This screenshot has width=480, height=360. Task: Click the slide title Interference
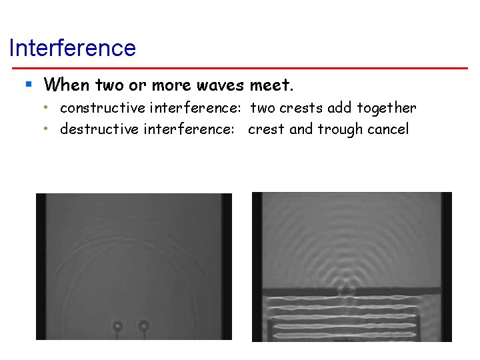tap(73, 48)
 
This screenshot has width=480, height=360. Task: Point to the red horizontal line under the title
tap(240, 68)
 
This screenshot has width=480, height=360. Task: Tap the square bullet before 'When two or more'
tap(29, 85)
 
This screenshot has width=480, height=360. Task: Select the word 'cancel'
tap(387, 129)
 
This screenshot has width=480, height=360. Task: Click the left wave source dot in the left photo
tap(117, 326)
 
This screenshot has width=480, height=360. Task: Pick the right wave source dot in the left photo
tap(143, 325)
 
